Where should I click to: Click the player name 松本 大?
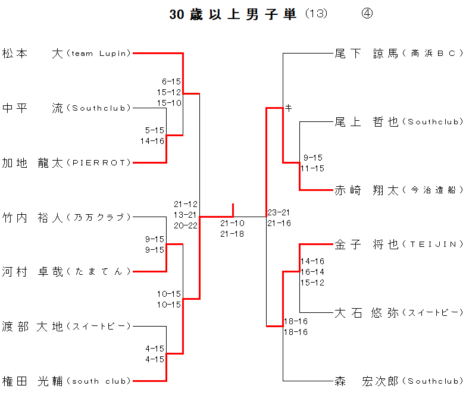[32, 54]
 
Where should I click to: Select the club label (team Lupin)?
[98, 54]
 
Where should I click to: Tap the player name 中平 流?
[32, 108]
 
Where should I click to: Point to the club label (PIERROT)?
[98, 163]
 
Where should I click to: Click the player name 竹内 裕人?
[32, 217]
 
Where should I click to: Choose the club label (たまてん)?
[98, 272]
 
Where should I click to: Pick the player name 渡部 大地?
[32, 326]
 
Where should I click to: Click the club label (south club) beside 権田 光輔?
[98, 381]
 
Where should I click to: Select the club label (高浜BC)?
[433, 54]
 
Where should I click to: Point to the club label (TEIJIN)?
[433, 244]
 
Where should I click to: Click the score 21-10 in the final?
[232, 223]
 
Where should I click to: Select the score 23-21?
[279, 212]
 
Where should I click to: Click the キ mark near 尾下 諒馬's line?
[289, 108]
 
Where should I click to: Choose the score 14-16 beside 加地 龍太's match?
[152, 141]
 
